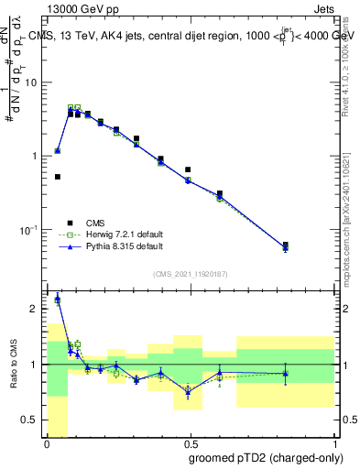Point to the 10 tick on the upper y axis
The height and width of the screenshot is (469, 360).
click(x=34, y=83)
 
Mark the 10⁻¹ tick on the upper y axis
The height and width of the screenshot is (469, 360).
click(x=32, y=229)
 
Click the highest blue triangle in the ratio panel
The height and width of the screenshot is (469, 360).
click(x=58, y=299)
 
